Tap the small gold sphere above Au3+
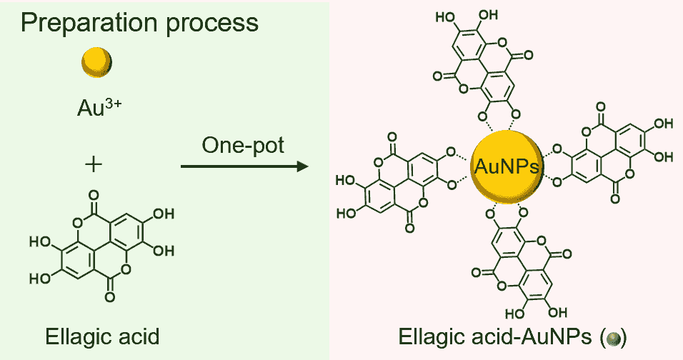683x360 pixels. [x=96, y=62]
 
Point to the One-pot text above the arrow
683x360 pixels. [x=243, y=146]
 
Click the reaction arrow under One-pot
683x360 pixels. [x=243, y=167]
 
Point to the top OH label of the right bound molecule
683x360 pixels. [x=663, y=123]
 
